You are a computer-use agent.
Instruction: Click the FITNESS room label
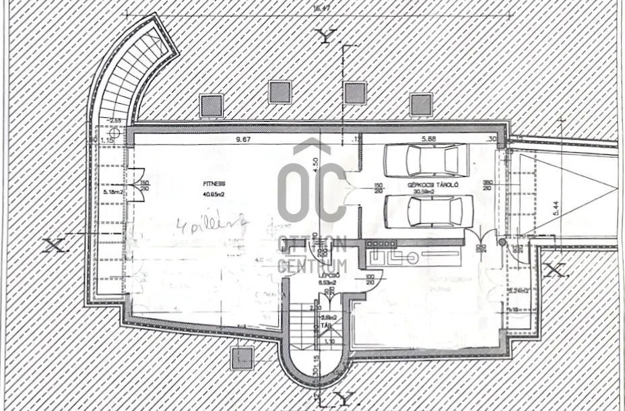click(215, 183)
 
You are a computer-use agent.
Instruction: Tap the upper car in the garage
click(425, 160)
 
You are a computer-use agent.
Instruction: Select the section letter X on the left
click(55, 245)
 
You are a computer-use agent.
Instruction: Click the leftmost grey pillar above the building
click(211, 104)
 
